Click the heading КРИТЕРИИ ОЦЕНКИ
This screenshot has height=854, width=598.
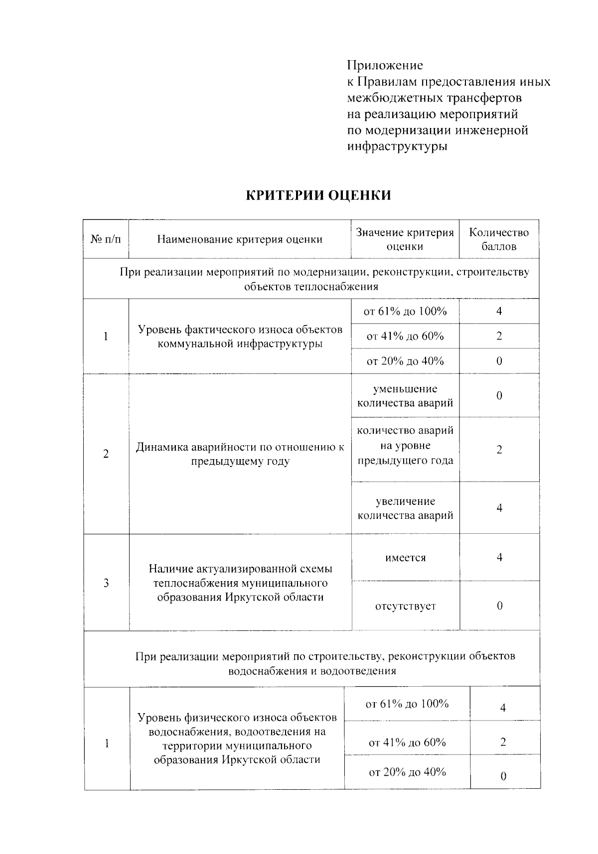[319, 195]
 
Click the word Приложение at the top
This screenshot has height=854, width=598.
[385, 65]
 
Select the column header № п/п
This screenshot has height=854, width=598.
[106, 239]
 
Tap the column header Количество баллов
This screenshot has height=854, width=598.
[499, 239]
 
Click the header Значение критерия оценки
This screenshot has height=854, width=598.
[405, 239]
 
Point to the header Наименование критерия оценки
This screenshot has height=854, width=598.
[240, 239]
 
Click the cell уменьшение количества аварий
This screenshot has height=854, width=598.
[405, 395]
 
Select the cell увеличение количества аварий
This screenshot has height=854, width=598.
[405, 508]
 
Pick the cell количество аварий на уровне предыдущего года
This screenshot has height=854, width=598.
[405, 445]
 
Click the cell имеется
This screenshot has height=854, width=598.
[405, 558]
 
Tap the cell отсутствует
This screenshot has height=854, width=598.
[405, 606]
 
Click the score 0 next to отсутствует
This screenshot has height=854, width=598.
[499, 606]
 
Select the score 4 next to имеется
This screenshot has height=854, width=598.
[499, 557]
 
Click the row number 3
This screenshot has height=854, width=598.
[106, 583]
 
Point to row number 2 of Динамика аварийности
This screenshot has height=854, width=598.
[106, 454]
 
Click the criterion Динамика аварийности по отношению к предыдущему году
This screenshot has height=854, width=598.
[240, 454]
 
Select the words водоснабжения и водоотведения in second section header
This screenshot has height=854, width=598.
[312, 671]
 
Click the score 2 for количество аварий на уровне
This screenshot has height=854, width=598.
[499, 450]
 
